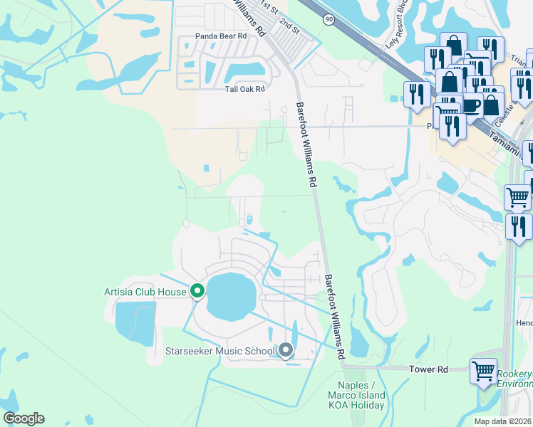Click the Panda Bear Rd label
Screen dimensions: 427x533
tap(221, 36)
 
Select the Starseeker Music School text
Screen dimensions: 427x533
tap(219, 351)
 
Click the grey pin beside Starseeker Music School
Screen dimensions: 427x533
tap(286, 350)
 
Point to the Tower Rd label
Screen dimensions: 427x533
tap(428, 369)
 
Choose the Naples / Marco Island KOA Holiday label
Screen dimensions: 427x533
tap(356, 396)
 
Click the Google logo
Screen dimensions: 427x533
tap(24, 418)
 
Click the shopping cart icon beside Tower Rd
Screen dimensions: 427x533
tap(483, 371)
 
